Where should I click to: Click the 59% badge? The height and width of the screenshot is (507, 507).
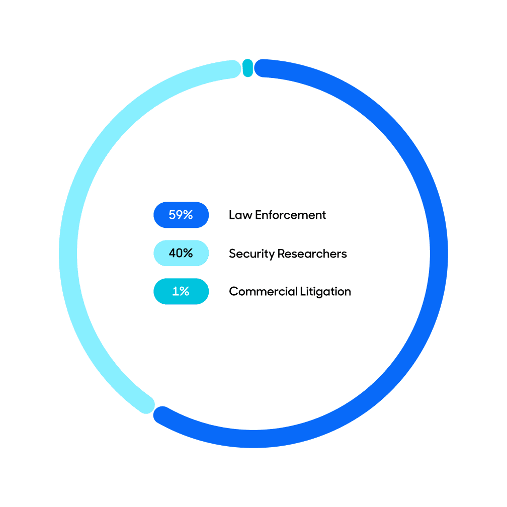pos(181,215)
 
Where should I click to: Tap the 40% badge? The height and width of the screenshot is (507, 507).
pos(181,253)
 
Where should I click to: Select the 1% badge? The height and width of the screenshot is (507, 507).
pos(181,291)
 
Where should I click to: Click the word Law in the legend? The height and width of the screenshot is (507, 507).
pos(240,215)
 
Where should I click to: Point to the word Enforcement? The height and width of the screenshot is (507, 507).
pos(290,215)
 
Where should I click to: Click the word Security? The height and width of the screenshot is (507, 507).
pos(251,254)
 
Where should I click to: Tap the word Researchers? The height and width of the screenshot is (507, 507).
pos(312,254)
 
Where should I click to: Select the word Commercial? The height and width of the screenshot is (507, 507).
pos(263,292)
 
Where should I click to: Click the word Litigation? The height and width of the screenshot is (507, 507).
pos(325,292)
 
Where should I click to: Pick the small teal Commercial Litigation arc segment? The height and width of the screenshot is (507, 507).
pos(247,68)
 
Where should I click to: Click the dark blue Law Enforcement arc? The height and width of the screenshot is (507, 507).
pos(439,254)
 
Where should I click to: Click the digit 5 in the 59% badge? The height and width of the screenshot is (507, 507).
pos(173,215)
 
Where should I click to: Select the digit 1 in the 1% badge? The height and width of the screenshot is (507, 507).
pos(176,291)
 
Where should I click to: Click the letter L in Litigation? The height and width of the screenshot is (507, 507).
pos(303,291)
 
